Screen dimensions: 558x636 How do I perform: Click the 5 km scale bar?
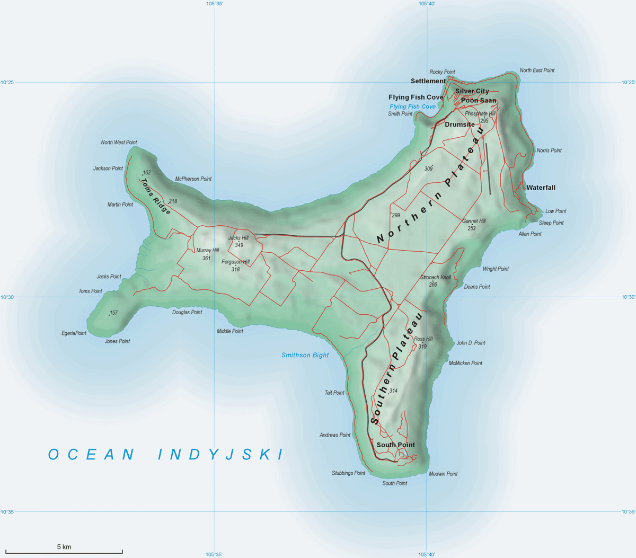64,552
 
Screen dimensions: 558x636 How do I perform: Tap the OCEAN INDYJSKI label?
166,455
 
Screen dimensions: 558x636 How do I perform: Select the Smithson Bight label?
305,355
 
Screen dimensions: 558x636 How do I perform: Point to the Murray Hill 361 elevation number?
206,259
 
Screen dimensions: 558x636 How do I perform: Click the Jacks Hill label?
238,238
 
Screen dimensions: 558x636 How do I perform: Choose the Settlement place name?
428,81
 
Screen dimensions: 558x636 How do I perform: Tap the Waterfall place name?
541,188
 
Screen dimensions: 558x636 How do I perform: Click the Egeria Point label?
74,333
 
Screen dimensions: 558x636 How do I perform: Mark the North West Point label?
119,142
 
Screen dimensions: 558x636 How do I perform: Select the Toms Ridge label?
156,196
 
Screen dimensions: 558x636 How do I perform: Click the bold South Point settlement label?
395,445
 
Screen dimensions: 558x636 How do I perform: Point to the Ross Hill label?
423,339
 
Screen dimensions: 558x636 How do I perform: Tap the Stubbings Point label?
348,473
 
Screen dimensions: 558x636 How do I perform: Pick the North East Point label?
537,70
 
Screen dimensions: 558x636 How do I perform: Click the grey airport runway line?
488,169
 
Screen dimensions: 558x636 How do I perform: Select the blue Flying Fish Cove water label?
412,107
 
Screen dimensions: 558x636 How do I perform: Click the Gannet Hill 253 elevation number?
471,228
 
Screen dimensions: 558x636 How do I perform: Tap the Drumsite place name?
460,125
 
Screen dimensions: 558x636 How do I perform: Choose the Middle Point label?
230,331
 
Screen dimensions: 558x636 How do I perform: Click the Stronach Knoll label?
436,277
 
